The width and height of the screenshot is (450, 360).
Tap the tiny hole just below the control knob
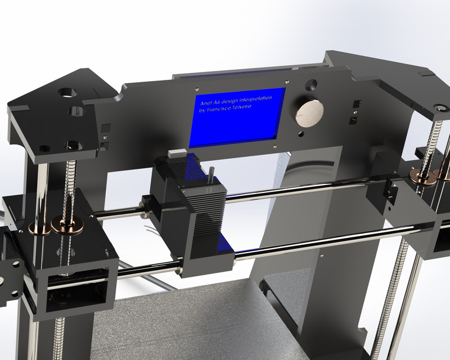[302, 134]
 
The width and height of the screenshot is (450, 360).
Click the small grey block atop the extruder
[177, 151]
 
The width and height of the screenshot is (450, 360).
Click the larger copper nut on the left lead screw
[67, 223]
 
